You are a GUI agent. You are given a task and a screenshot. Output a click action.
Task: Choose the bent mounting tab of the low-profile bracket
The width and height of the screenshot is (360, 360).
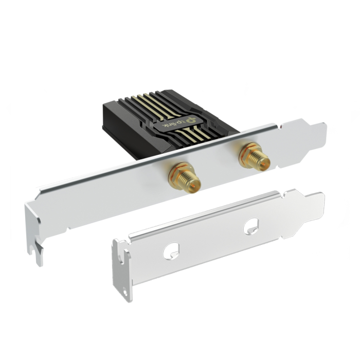coord(122,267)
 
